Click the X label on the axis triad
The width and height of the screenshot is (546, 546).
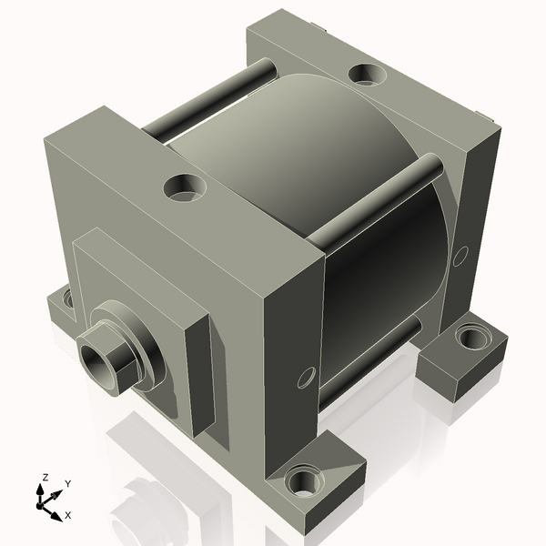tap(67, 515)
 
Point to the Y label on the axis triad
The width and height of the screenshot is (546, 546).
tap(67, 483)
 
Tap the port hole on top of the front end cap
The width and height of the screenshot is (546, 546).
tap(185, 187)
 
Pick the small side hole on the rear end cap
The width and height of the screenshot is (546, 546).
tap(462, 251)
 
